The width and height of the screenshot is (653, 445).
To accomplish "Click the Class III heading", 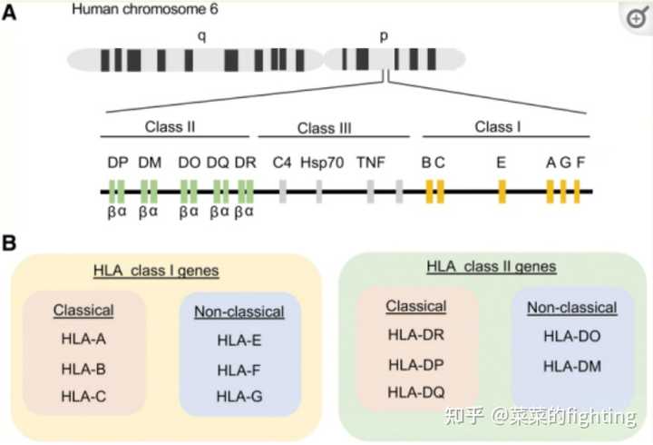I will point(325,128).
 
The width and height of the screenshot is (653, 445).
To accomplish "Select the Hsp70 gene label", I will point(322,163).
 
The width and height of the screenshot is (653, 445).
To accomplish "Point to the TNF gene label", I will point(370,163).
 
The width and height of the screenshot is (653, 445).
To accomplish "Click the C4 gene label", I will point(282,163).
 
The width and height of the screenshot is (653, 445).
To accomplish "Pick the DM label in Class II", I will point(149,163).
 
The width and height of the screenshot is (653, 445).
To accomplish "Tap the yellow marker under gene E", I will point(502,192).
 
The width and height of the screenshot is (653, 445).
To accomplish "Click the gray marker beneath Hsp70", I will point(319,192).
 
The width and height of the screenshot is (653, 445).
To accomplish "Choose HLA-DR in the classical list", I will point(415,335).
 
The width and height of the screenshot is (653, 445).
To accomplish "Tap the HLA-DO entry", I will point(571,336).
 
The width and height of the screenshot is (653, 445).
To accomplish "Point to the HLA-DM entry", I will point(571,366).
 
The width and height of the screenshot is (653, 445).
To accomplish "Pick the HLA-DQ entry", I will point(415,393).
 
